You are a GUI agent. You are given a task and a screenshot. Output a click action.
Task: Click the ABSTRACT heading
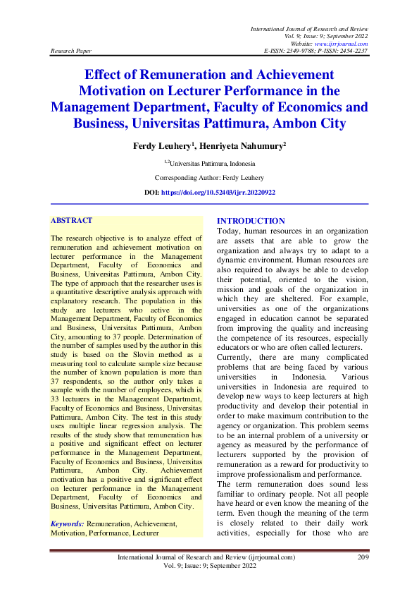(72, 221)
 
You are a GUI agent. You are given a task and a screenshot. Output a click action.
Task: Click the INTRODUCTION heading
(251, 221)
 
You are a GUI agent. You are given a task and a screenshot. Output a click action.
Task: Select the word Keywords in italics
(68, 524)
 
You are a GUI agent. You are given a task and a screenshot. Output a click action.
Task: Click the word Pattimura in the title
(248, 123)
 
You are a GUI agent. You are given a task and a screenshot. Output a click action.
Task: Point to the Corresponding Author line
(210, 178)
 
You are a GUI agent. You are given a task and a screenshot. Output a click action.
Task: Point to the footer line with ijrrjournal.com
(206, 557)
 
